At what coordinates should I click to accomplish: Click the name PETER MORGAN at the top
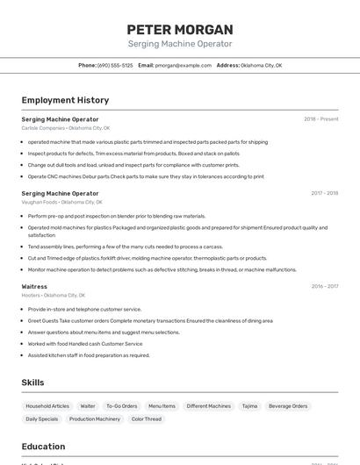pos(180,29)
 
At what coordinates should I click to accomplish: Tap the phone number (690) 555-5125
pos(116,65)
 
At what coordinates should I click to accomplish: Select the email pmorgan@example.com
pos(184,65)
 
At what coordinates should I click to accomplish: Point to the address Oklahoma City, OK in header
pos(261,65)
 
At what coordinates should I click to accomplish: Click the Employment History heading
pos(65,100)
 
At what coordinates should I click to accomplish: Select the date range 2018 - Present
pos(320,118)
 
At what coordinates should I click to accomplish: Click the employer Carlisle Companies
pos(43,128)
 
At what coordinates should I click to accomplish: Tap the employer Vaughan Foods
pos(39,202)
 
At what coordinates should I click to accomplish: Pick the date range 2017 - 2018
pos(324,193)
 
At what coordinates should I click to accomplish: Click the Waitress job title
pos(34,286)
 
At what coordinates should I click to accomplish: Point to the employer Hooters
pos(32,296)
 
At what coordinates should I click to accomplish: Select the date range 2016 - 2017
pos(324,286)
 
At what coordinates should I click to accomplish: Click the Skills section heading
pos(32,383)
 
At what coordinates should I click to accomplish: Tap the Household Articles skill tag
pos(47,406)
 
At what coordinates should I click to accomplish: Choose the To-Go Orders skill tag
pos(122,406)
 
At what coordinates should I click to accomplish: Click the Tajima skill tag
pos(249,406)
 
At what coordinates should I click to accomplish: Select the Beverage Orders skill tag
pos(288,406)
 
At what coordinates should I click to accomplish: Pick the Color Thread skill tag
pos(147,419)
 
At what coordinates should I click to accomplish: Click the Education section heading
pos(43,446)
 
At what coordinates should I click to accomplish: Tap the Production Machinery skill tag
pos(95,419)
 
